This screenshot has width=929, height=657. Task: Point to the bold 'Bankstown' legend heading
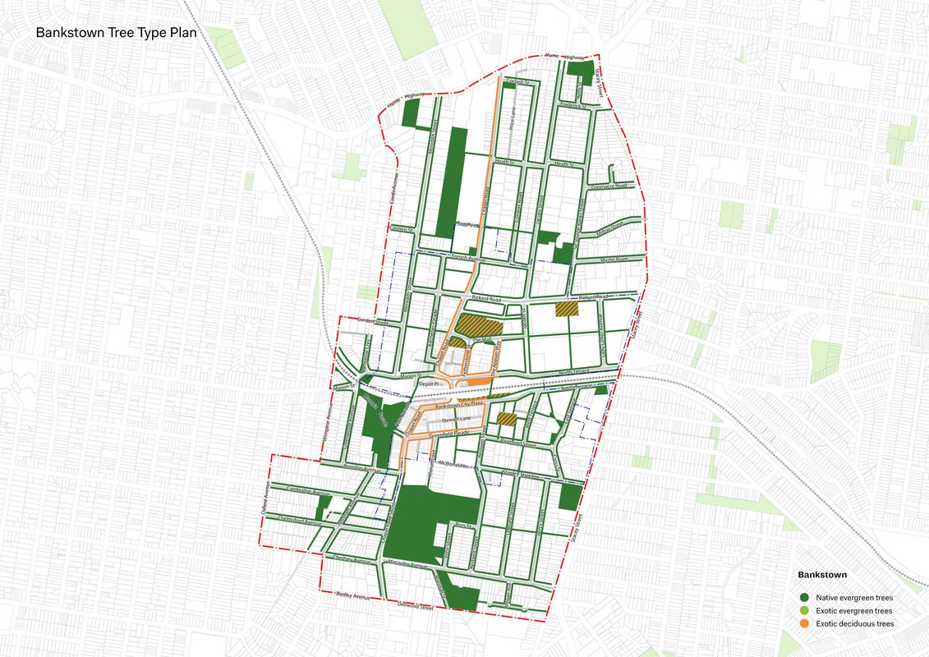point(822,575)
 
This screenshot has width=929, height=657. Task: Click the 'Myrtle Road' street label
point(613,260)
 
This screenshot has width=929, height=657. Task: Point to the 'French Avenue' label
point(469,260)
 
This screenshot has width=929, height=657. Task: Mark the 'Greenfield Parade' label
point(454,435)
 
